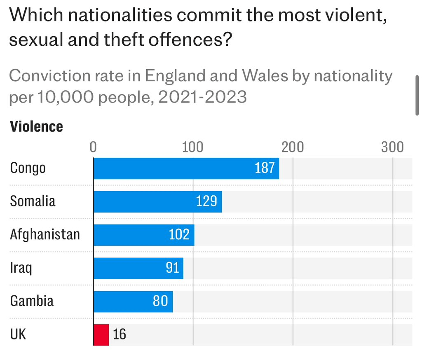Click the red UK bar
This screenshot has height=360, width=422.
[x=101, y=334]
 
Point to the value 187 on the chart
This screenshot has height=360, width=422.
[x=265, y=168]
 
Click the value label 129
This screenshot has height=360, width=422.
[x=206, y=201]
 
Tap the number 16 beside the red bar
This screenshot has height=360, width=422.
[x=120, y=334]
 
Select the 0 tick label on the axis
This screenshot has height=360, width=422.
[x=93, y=147]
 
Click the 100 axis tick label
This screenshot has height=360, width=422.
[x=193, y=147]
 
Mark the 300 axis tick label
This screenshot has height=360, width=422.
[x=392, y=147]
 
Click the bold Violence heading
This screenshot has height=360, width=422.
[x=36, y=126]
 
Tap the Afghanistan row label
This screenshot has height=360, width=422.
[x=45, y=235]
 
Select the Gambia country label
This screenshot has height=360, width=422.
[x=32, y=301]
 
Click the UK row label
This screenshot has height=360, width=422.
[x=18, y=334]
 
